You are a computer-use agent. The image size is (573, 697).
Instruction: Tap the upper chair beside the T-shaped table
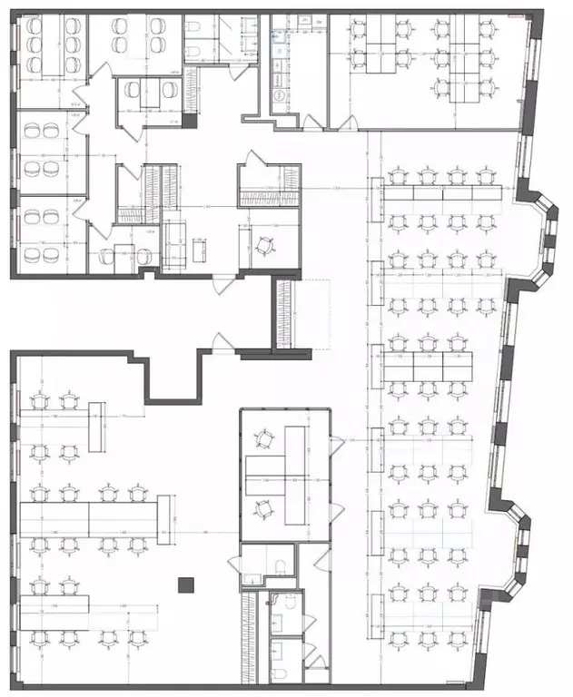click(264, 439)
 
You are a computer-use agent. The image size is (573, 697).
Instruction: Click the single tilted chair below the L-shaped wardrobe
click(264, 245)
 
